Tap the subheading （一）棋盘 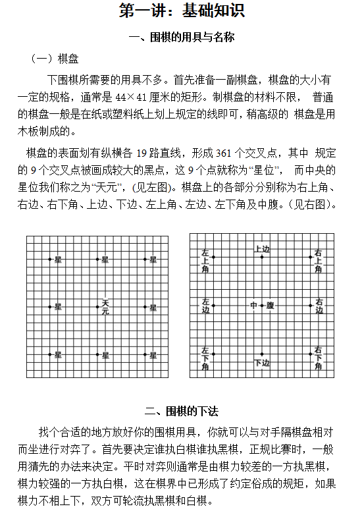pyautogui.click(x=55, y=59)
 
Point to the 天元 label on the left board pyautogui.click(x=105, y=307)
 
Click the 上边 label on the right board pyautogui.click(x=262, y=249)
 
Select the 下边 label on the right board pyautogui.click(x=262, y=362)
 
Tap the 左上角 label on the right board pyautogui.click(x=205, y=261)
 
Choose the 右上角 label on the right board pyautogui.click(x=319, y=261)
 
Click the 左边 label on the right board pyautogui.click(x=205, y=306)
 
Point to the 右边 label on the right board pyautogui.click(x=319, y=306)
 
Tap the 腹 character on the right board pyautogui.click(x=270, y=306)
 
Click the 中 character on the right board pyautogui.click(x=253, y=306)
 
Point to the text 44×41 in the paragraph pyautogui.click(x=140, y=95)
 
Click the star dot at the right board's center pyautogui.click(x=262, y=306)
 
